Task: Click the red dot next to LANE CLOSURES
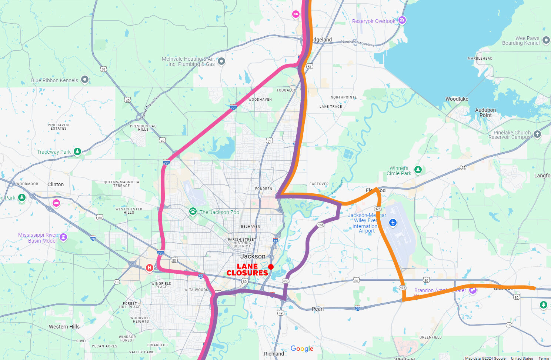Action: [x=271, y=267]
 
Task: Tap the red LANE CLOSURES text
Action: [x=247, y=270]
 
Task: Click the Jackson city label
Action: [x=253, y=256]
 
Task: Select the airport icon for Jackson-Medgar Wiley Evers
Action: [x=393, y=223]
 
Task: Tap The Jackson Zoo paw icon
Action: [x=193, y=211]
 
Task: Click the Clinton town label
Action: [x=56, y=184]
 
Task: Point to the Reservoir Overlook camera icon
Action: [x=402, y=20]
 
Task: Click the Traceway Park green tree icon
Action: [x=77, y=151]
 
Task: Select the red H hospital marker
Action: [x=150, y=267]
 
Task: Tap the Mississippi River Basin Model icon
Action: [x=63, y=237]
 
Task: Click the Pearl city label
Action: [x=317, y=309]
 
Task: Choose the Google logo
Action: [x=302, y=349]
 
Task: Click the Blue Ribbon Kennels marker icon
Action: [x=84, y=79]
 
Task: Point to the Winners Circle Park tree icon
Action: [x=418, y=170]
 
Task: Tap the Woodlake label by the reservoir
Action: [x=457, y=99]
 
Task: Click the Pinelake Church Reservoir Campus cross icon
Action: [x=537, y=134]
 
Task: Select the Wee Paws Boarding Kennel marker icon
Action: [x=546, y=40]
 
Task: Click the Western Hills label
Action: [x=64, y=327]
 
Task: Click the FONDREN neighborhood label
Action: [x=263, y=189]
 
